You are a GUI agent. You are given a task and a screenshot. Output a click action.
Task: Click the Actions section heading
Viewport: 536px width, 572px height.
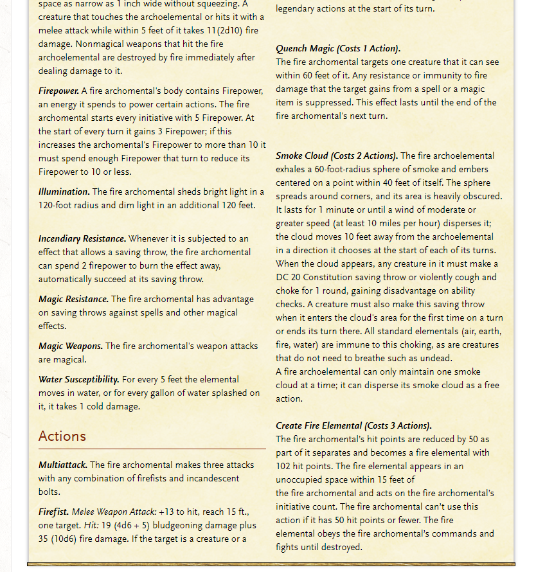pyautogui.click(x=62, y=436)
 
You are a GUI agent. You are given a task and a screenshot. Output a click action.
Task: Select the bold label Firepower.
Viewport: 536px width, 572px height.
pyautogui.click(x=58, y=91)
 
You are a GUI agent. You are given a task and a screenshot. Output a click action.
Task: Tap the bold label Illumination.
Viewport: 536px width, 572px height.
pyautogui.click(x=64, y=192)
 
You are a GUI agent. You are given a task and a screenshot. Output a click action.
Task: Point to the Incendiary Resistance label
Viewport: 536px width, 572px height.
pyautogui.click(x=82, y=238)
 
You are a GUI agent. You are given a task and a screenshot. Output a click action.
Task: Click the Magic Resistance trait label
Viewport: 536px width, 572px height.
pyautogui.click(x=73, y=299)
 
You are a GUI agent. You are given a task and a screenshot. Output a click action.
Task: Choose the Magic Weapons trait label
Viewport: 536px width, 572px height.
pyautogui.click(x=70, y=346)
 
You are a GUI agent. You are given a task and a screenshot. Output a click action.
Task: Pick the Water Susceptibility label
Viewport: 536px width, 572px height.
pyautogui.click(x=78, y=379)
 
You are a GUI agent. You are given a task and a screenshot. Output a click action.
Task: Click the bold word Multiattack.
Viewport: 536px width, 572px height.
pyautogui.click(x=62, y=465)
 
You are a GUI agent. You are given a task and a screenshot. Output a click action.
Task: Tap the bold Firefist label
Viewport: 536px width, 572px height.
pyautogui.click(x=53, y=512)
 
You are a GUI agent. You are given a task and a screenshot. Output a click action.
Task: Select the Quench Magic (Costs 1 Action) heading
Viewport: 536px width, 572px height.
pyautogui.click(x=338, y=49)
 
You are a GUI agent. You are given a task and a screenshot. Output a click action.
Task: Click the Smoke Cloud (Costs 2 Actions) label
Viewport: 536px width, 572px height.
pyautogui.click(x=337, y=156)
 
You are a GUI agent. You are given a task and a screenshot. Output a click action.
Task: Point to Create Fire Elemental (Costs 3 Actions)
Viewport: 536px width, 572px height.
pyautogui.click(x=353, y=425)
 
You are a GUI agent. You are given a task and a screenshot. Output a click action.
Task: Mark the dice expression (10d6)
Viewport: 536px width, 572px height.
pyautogui.click(x=69, y=539)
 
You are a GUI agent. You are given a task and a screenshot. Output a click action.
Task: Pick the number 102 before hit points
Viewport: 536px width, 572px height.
pyautogui.click(x=285, y=466)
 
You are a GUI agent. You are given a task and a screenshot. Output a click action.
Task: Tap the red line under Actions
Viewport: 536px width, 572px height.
pyautogui.click(x=152, y=449)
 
